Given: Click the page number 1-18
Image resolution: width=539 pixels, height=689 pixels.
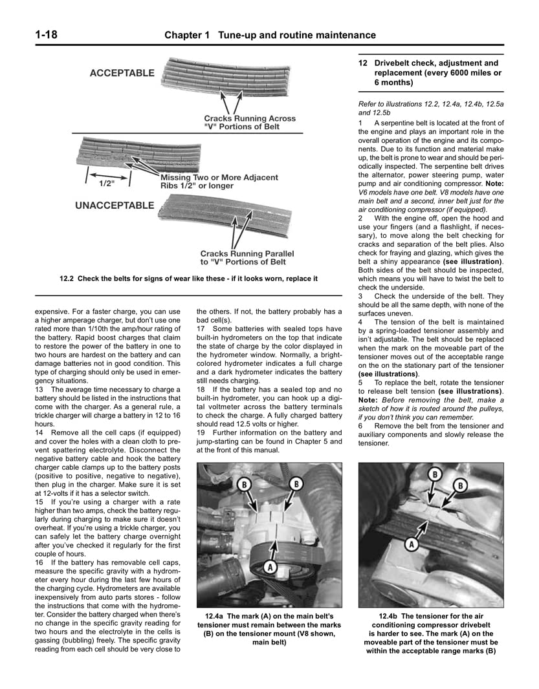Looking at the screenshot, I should [x=41, y=35].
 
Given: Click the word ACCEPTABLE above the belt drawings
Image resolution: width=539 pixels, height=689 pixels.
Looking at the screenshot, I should [x=122, y=73].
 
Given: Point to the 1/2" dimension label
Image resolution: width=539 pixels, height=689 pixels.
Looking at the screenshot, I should [x=106, y=183].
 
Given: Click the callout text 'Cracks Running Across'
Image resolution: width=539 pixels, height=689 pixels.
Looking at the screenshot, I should [x=249, y=118].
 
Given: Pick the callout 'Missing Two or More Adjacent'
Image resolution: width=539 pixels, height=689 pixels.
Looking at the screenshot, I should [x=219, y=177].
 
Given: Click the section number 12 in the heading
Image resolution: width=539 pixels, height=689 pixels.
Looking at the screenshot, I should [x=363, y=63].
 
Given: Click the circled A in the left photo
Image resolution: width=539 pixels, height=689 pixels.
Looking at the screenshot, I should [x=271, y=566].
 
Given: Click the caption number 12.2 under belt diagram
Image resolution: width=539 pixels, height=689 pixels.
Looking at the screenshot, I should [x=67, y=279].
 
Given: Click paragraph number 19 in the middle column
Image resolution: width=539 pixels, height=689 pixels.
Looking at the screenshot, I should [x=201, y=432].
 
